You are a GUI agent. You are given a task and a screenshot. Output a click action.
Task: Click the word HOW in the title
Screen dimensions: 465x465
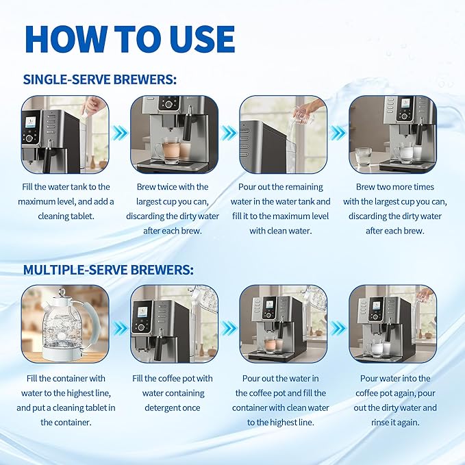pyautogui.click(x=66, y=39)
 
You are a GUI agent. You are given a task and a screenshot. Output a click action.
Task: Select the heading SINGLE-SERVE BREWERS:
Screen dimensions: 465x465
pyautogui.click(x=100, y=79)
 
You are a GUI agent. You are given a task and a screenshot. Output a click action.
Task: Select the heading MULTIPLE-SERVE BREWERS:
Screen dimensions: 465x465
pyautogui.click(x=108, y=270)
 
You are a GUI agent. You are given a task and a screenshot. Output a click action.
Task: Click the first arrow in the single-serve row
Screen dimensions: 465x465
pyautogui.click(x=120, y=133)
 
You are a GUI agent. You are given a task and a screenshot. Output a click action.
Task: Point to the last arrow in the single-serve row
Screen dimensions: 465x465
pyautogui.click(x=338, y=133)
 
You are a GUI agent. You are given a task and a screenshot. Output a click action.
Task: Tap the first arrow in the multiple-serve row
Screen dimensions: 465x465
pyautogui.click(x=120, y=328)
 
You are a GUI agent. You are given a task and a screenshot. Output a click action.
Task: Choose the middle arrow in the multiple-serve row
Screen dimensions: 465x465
pyautogui.click(x=229, y=328)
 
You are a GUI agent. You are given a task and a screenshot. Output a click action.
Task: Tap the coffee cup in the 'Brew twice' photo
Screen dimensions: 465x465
pyautogui.click(x=167, y=150)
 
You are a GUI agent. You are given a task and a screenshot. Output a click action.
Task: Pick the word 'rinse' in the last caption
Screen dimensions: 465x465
pyautogui.click(x=380, y=423)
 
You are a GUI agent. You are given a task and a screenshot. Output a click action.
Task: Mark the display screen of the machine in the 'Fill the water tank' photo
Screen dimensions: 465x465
pyautogui.click(x=31, y=122)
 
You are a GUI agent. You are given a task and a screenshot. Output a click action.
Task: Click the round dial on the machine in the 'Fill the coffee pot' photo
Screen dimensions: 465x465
pyautogui.click(x=141, y=328)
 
